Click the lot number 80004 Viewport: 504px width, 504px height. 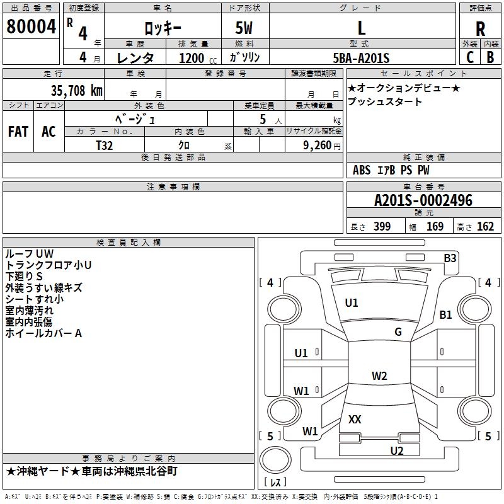coord(31,27)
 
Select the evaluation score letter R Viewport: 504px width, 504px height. coord(481,28)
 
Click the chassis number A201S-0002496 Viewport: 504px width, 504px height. coord(423,201)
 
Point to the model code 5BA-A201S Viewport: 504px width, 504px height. coord(361,58)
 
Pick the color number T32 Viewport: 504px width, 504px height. coord(105,145)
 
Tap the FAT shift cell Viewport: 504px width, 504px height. coord(18,132)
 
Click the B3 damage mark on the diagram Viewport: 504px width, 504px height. coord(450,258)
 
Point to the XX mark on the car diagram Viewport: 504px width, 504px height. coord(355,419)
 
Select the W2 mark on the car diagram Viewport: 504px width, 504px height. coord(379,376)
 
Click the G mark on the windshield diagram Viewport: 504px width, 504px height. coord(398,332)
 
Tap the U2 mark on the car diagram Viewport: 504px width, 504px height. coord(396,450)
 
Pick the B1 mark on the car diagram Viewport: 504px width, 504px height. coord(446,314)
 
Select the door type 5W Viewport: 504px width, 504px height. coord(245,28)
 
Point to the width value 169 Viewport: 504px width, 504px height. coord(435,226)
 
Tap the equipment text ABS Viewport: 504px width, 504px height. coord(362,170)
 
